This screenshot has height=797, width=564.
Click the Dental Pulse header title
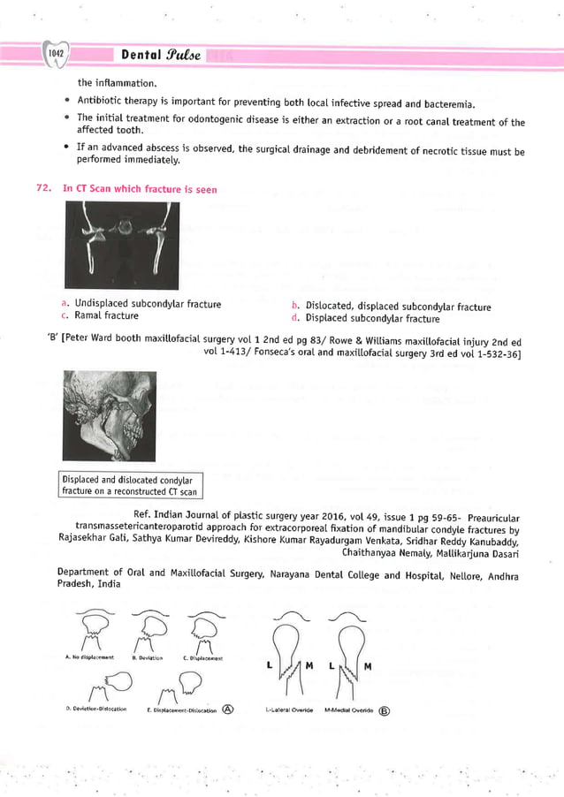click(161, 55)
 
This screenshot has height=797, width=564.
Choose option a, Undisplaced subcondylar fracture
click(147, 304)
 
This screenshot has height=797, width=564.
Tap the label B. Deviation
click(147, 657)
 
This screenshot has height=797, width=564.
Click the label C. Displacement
click(202, 657)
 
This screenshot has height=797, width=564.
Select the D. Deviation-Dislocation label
click(96, 709)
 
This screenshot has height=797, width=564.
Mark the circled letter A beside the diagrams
click(228, 709)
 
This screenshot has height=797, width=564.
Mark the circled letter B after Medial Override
click(384, 710)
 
